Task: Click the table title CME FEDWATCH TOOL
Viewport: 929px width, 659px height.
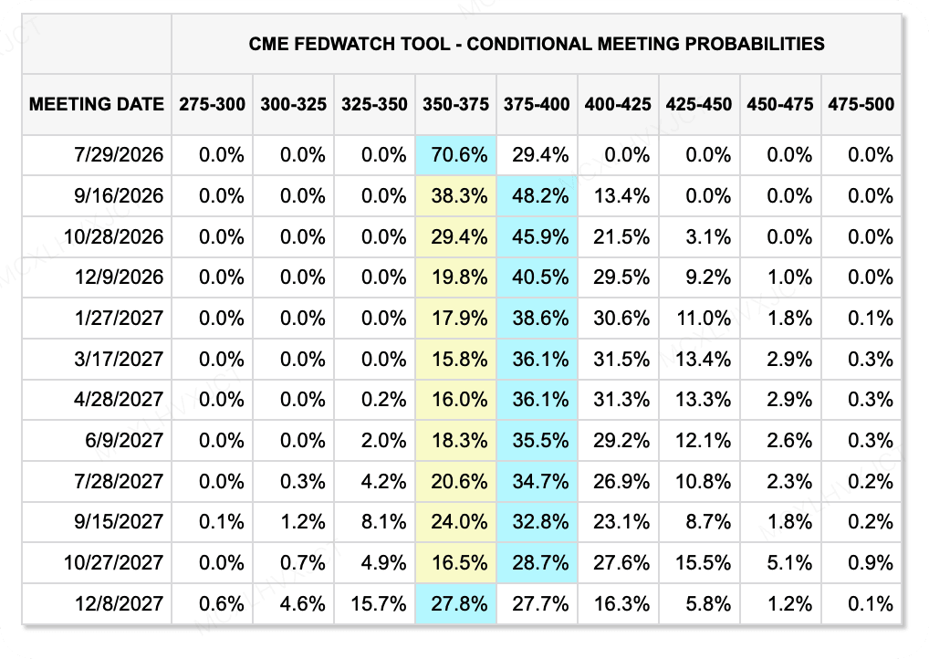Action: [349, 44]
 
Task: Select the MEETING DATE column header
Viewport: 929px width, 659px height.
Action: [97, 104]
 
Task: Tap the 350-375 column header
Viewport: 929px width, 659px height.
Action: [455, 104]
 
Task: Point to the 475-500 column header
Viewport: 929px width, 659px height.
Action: [861, 104]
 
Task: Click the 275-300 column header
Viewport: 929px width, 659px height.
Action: [212, 104]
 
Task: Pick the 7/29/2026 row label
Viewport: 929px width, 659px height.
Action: [119, 154]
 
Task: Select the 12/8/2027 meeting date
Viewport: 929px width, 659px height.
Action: [119, 603]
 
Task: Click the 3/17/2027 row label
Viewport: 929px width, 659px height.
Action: [119, 359]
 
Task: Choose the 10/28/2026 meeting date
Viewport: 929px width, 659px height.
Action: [114, 236]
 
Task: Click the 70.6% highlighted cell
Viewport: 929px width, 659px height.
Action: [459, 154]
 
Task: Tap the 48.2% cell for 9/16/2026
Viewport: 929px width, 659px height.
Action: [540, 195]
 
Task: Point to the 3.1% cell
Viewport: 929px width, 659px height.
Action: [708, 236]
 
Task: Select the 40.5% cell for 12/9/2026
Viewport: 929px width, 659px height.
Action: [540, 277]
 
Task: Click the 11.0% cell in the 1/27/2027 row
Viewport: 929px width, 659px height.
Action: [704, 318]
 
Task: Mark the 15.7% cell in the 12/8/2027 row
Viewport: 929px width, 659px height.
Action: [378, 603]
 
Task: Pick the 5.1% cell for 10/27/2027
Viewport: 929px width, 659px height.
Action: [789, 562]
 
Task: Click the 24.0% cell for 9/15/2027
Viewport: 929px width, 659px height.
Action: [459, 521]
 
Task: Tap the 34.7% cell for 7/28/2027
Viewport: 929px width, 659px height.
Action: [540, 481]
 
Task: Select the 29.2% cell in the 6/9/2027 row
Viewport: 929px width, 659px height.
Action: [621, 440]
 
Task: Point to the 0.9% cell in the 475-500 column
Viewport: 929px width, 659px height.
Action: [871, 562]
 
